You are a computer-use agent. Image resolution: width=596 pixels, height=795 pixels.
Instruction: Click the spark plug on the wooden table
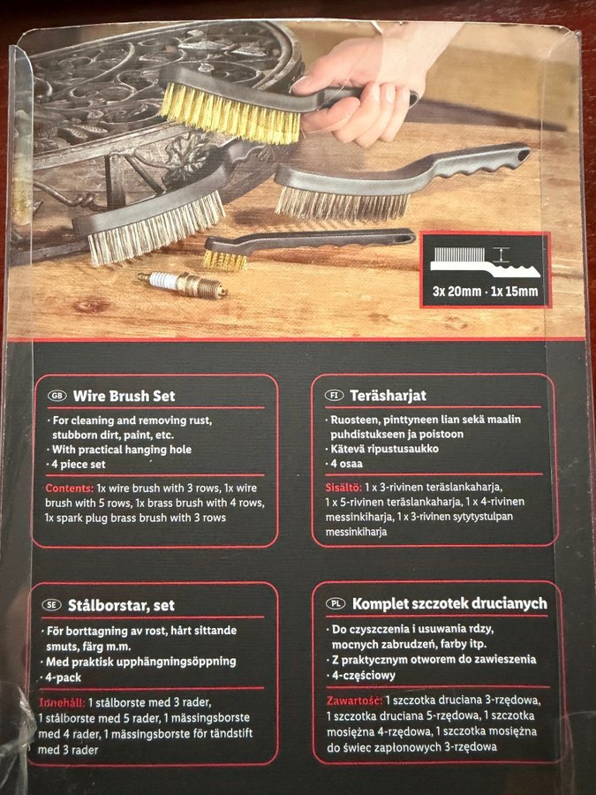(x=183, y=285)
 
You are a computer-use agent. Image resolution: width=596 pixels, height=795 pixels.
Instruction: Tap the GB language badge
(x=57, y=396)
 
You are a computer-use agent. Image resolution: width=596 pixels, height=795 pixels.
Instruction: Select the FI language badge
(x=335, y=395)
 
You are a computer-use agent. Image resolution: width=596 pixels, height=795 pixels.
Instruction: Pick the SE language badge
(x=51, y=605)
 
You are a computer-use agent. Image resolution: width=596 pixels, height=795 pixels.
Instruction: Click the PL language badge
(x=336, y=603)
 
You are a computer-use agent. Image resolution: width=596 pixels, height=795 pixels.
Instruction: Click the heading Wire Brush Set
(x=124, y=396)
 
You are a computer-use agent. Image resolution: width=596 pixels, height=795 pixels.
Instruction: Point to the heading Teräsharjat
(x=389, y=396)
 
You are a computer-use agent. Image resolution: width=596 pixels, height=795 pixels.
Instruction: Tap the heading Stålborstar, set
(x=121, y=605)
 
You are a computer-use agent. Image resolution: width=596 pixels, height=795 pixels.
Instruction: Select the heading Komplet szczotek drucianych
(x=449, y=604)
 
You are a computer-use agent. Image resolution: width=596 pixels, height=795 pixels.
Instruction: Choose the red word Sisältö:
(x=343, y=488)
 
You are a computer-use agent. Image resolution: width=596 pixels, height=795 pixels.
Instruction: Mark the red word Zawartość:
(x=354, y=700)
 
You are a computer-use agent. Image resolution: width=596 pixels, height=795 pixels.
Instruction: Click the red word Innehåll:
(x=62, y=703)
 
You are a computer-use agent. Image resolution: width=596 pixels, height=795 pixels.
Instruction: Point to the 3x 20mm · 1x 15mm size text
(x=485, y=291)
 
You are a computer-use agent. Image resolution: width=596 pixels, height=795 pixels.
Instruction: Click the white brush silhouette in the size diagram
(x=485, y=262)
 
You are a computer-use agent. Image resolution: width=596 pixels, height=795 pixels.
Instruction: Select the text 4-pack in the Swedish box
(x=63, y=678)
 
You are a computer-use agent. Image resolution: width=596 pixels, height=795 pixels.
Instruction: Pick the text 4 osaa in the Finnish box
(x=347, y=464)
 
